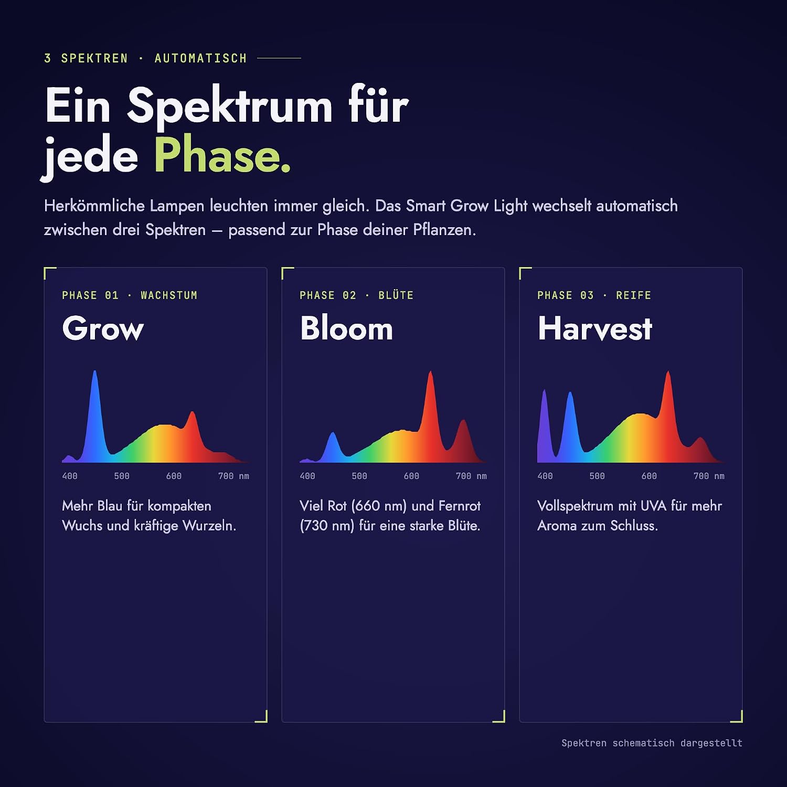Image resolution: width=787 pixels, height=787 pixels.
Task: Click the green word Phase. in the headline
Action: [222, 155]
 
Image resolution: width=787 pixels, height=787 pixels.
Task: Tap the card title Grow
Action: [103, 329]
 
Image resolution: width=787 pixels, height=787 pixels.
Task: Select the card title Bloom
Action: [346, 328]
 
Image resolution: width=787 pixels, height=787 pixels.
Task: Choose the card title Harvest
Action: [595, 328]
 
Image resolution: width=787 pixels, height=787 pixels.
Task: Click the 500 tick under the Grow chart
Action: [122, 476]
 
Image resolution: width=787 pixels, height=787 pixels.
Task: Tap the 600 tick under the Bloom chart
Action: [411, 476]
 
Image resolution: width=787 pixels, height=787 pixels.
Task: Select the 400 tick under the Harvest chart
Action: [545, 476]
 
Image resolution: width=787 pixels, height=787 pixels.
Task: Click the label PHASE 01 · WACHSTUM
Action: [130, 295]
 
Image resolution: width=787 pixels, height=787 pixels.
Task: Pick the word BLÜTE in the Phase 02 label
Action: [396, 295]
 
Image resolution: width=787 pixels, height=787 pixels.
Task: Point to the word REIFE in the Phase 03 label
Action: [634, 295]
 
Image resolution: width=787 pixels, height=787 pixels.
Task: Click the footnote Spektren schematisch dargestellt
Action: [652, 743]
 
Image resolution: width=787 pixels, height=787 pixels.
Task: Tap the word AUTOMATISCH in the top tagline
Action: [200, 58]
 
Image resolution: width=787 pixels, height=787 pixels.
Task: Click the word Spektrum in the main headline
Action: [230, 106]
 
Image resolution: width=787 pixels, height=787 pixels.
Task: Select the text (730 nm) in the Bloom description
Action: [327, 526]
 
